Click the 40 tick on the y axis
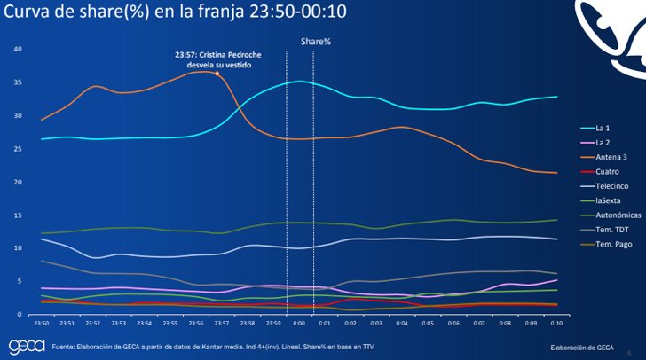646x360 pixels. tap(18, 49)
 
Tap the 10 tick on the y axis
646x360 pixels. tap(18, 248)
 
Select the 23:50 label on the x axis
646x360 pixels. tap(41, 325)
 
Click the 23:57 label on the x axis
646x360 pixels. tap(222, 325)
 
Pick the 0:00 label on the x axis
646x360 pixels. tap(299, 325)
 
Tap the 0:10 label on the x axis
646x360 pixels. tap(556, 325)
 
